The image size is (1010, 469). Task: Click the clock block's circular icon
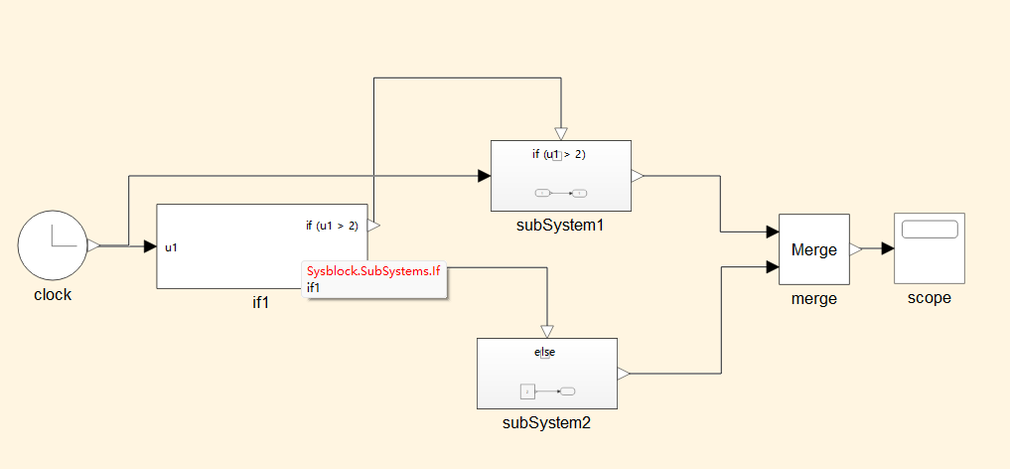[52, 245]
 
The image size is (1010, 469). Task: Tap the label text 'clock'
[53, 295]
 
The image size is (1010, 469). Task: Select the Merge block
[814, 248]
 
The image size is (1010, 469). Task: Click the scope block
[929, 248]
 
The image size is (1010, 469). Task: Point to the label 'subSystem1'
[560, 226]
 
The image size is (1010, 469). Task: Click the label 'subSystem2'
[546, 423]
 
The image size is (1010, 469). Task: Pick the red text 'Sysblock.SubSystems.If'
[373, 270]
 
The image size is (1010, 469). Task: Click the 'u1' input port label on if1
[172, 246]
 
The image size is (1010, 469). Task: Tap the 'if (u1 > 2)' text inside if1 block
[332, 226]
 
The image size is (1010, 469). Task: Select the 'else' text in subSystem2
[545, 353]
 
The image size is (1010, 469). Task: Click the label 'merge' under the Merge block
[814, 299]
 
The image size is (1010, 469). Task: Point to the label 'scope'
[930, 298]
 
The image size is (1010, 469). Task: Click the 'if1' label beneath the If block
[260, 303]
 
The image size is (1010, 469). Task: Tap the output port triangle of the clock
[93, 245]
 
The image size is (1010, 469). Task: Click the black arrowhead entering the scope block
[888, 248]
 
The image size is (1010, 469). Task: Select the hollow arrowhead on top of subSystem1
[561, 133]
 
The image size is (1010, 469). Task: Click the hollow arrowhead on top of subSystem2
[547, 331]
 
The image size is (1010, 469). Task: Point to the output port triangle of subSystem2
[624, 374]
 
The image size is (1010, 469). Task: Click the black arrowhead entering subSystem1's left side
[485, 176]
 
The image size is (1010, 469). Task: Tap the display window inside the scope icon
[930, 230]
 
